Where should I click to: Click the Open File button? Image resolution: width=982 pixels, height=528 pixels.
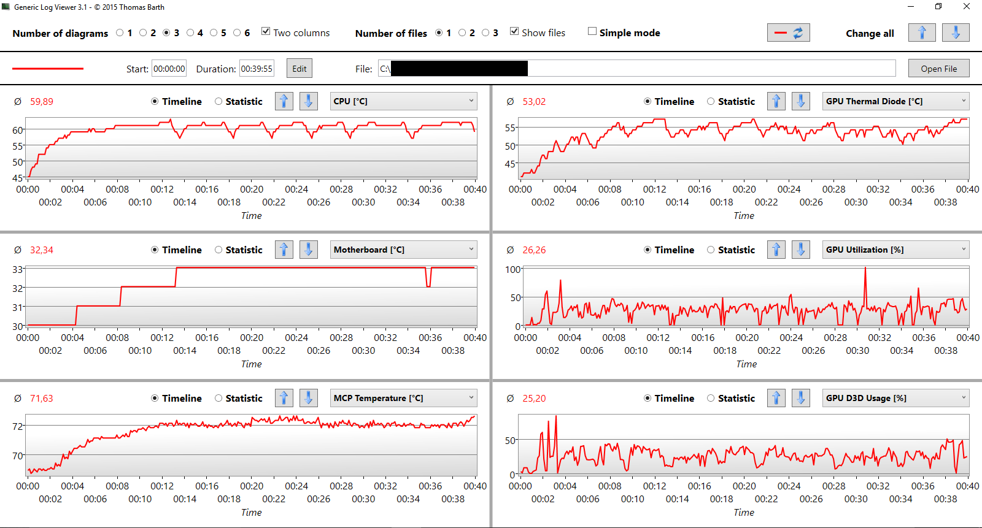point(938,68)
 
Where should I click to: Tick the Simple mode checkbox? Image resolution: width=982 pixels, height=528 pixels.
point(592,31)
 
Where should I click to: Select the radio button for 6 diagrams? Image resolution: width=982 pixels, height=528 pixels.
point(237,33)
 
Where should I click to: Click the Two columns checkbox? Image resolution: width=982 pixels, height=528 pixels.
point(265,31)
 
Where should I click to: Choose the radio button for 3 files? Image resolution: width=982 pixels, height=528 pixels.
point(485,33)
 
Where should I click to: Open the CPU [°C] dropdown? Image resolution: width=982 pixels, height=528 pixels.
point(403,101)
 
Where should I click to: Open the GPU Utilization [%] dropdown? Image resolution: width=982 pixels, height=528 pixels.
point(895,250)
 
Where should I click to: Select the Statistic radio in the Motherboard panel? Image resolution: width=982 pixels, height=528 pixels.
point(218,250)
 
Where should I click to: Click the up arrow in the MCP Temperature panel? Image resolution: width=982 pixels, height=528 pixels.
point(284,398)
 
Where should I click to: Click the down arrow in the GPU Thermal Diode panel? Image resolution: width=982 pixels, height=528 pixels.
point(801,101)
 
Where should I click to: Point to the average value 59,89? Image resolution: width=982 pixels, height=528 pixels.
point(42,102)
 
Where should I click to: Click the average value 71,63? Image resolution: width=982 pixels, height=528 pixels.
point(42,399)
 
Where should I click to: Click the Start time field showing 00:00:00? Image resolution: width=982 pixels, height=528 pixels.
point(169,69)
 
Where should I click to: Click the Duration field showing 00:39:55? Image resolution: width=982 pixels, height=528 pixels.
point(257,69)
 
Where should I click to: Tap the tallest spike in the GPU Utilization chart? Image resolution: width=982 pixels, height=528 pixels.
point(865,268)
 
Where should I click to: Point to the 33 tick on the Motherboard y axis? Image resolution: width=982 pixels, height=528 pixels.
point(17,269)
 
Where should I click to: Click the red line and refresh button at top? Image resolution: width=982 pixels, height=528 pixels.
point(788,33)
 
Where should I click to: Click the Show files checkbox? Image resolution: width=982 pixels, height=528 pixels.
point(514,31)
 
